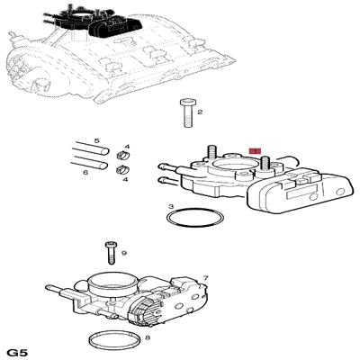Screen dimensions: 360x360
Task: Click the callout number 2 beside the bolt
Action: click(200, 112)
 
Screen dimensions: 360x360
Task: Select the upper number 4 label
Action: click(127, 147)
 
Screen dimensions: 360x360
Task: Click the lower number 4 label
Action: click(127, 179)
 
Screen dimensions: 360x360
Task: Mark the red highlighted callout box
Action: click(256, 153)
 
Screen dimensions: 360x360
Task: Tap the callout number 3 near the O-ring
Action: click(171, 208)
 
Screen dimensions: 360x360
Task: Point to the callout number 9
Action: click(124, 253)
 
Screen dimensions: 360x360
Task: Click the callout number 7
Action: click(205, 279)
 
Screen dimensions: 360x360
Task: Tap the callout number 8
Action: click(148, 338)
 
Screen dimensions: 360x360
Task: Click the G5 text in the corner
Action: click(18, 350)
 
